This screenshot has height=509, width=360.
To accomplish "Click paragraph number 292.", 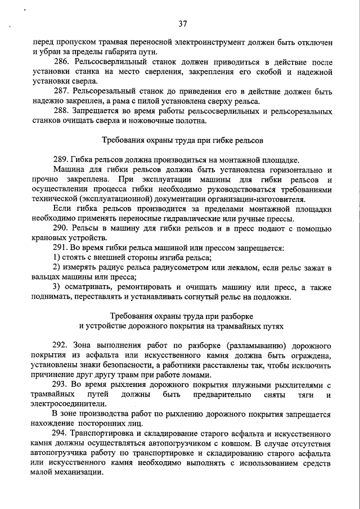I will click(x=62, y=345).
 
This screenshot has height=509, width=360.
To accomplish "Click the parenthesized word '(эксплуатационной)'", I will click(x=115, y=199).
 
